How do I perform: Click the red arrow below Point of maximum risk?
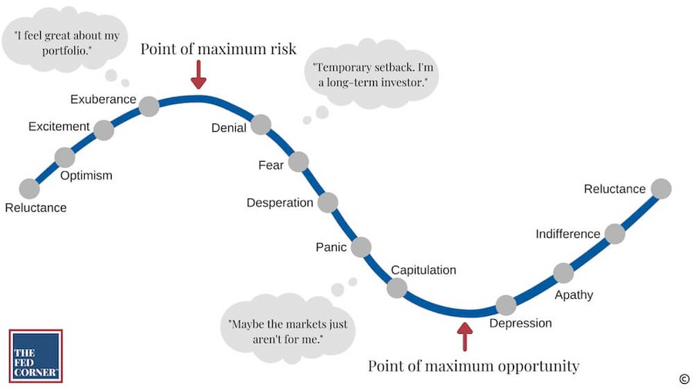pyautogui.click(x=199, y=75)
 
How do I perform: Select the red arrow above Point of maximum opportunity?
pyautogui.click(x=464, y=336)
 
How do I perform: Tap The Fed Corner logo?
pyautogui.click(x=35, y=355)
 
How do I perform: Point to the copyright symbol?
pyautogui.click(x=683, y=378)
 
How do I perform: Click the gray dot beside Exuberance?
pyautogui.click(x=149, y=106)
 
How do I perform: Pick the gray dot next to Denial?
pyautogui.click(x=261, y=125)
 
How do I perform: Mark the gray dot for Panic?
pyautogui.click(x=360, y=247)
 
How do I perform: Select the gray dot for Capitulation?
pyautogui.click(x=396, y=287)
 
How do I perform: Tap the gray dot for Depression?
pyautogui.click(x=505, y=305)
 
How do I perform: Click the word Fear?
pyautogui.click(x=271, y=165)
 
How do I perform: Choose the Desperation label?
pyautogui.click(x=280, y=203)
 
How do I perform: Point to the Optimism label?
pyautogui.click(x=86, y=176)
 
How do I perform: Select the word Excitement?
pyautogui.click(x=59, y=126)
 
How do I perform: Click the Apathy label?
pyautogui.click(x=574, y=294)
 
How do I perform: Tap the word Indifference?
pyautogui.click(x=568, y=234)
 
